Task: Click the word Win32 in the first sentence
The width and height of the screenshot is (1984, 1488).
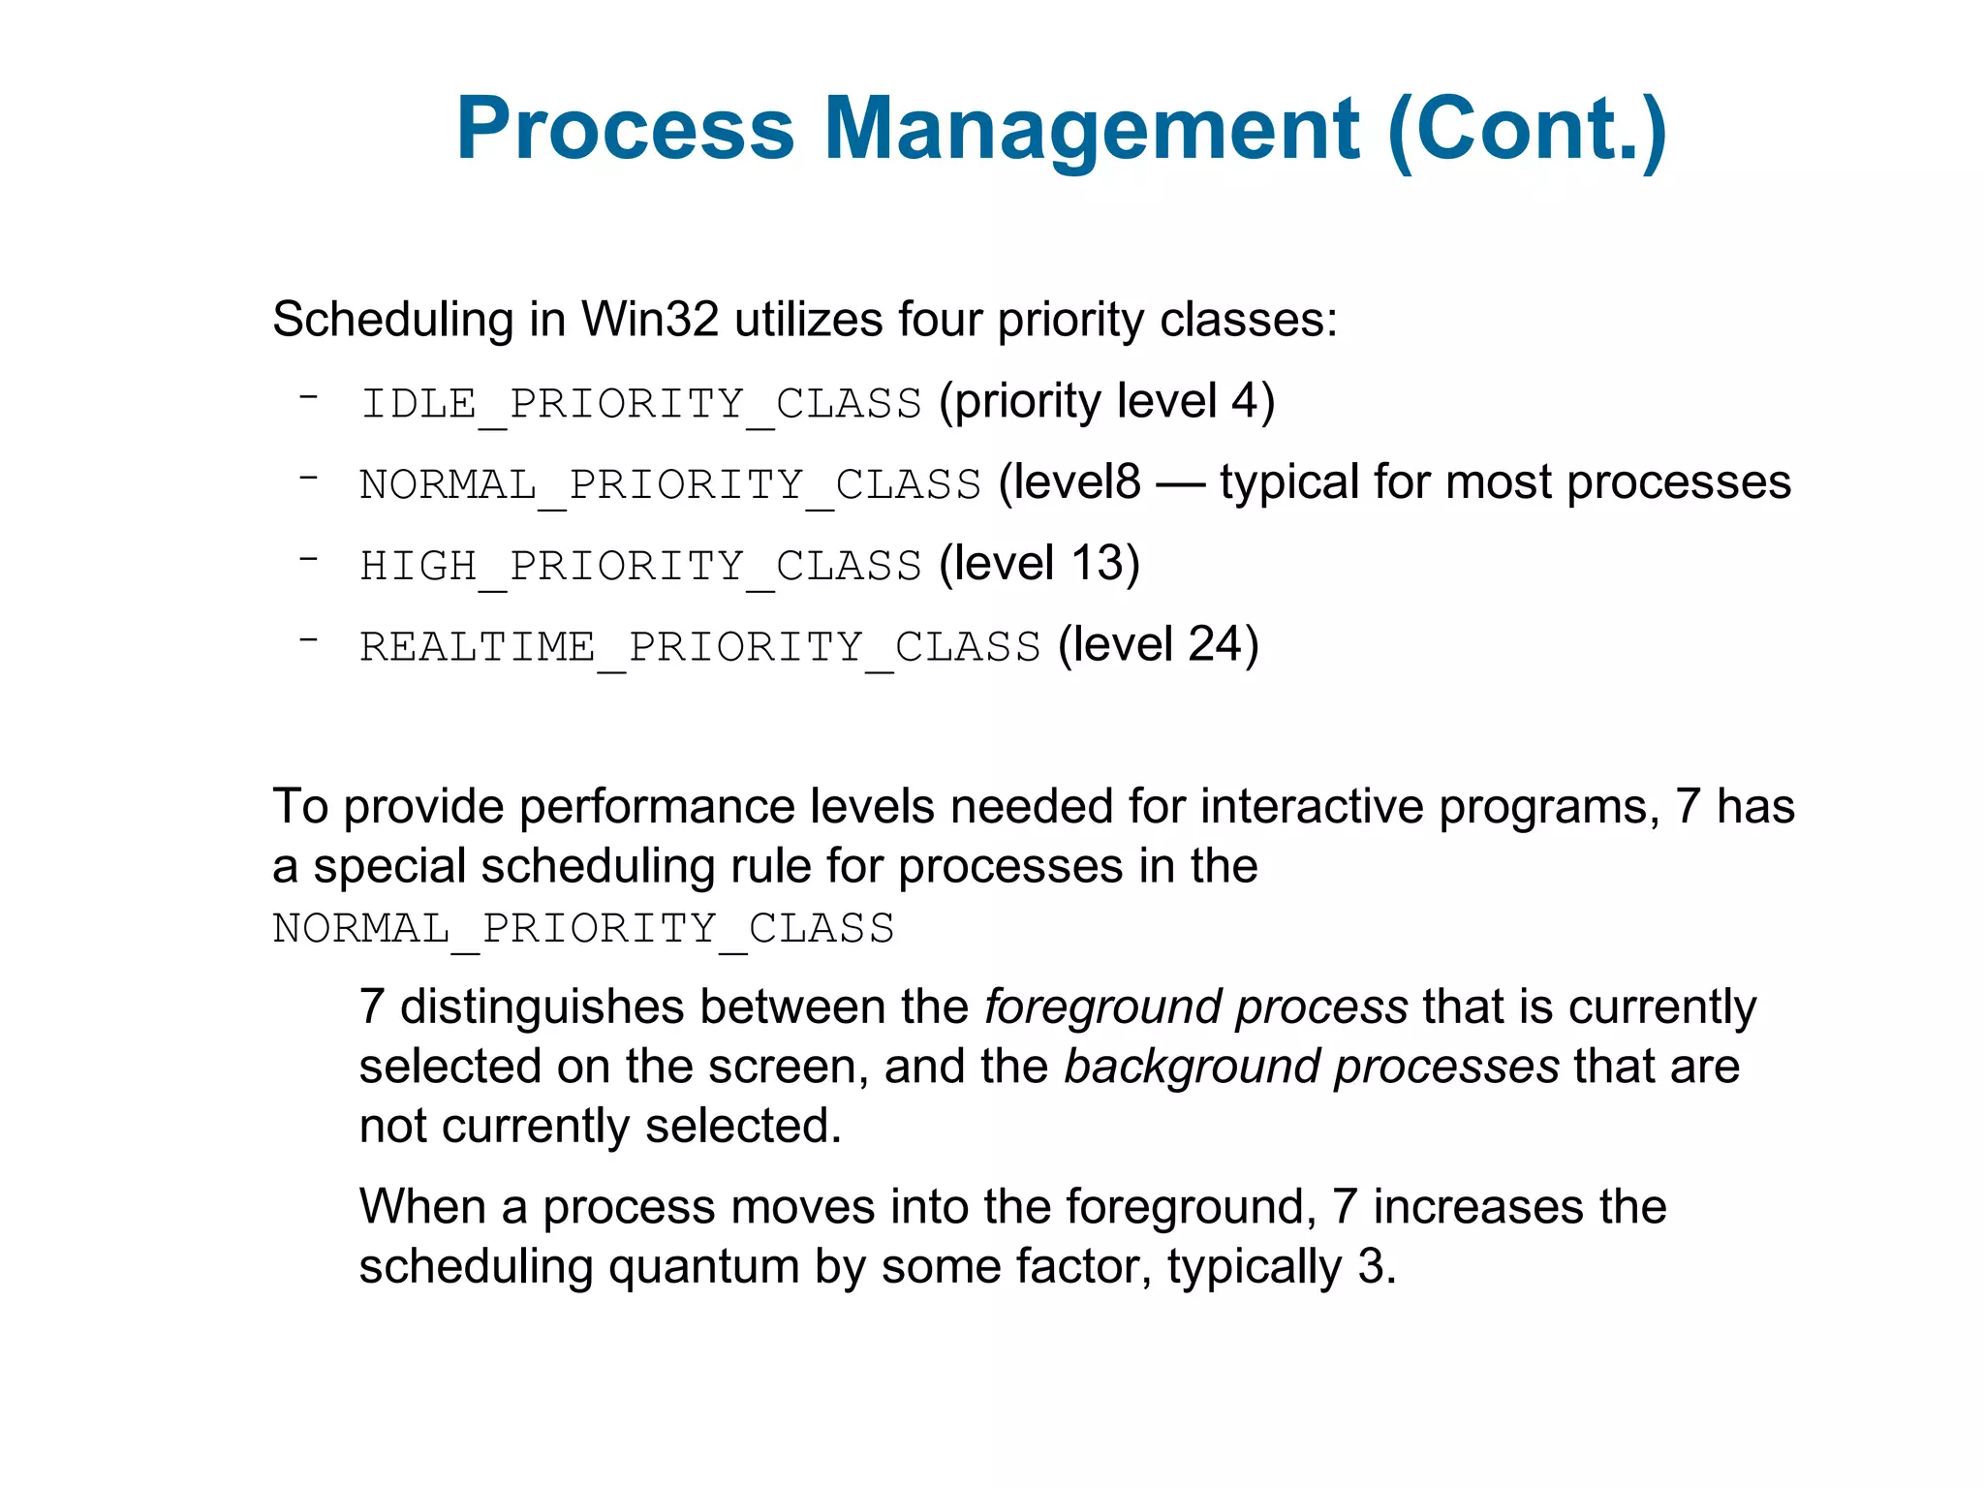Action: click(x=649, y=320)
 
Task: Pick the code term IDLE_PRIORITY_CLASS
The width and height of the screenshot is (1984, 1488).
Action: click(x=641, y=403)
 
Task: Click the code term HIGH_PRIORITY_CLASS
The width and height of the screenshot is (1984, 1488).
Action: click(x=641, y=566)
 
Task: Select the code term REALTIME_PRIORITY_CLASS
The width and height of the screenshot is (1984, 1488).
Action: click(x=700, y=647)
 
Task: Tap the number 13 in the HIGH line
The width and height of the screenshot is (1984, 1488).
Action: click(x=1097, y=564)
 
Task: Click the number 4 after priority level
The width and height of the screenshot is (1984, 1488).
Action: click(x=1243, y=401)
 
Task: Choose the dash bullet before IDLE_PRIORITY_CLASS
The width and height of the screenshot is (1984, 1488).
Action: click(x=309, y=396)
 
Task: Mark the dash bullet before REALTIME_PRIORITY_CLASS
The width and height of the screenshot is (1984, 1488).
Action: click(x=309, y=639)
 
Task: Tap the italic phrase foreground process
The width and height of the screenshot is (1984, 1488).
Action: click(x=1195, y=1007)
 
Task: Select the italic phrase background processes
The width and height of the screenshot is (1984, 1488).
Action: click(x=1312, y=1068)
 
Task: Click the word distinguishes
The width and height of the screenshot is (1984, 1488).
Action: click(x=542, y=1007)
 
